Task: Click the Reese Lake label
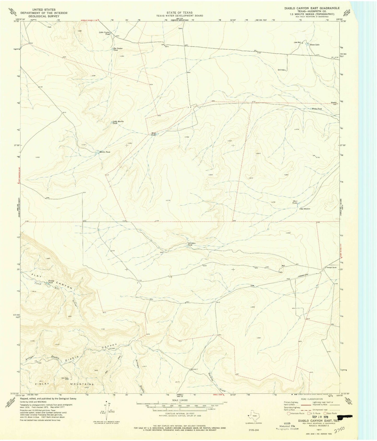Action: (315, 45)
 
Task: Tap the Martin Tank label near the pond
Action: (105, 152)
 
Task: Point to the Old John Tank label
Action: (192, 244)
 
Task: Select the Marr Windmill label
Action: (306, 209)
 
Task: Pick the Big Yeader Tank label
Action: (118, 49)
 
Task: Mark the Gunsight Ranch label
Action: (330, 268)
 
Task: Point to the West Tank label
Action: (154, 134)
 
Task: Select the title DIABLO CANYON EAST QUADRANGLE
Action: (312, 8)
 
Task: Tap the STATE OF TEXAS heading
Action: (179, 12)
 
